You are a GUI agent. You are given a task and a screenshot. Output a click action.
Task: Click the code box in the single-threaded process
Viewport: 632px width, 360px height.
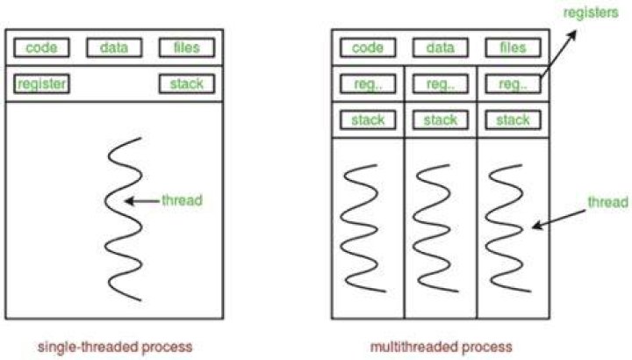pyautogui.click(x=41, y=47)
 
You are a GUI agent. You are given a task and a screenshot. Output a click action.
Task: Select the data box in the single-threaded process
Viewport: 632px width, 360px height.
pyautogui.click(x=114, y=47)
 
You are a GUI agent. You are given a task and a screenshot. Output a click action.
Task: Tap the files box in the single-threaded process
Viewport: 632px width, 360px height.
pyautogui.click(x=187, y=47)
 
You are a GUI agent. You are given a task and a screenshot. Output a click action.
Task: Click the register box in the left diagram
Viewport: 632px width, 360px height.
pyautogui.click(x=41, y=83)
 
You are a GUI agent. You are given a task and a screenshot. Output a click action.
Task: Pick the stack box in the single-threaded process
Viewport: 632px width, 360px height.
pyautogui.click(x=187, y=83)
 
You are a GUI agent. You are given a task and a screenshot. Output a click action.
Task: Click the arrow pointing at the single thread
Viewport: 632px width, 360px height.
pyautogui.click(x=142, y=201)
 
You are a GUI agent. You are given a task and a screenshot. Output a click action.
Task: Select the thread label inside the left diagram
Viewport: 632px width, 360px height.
pyautogui.click(x=182, y=200)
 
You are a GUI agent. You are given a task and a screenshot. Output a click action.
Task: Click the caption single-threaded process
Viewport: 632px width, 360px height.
pyautogui.click(x=115, y=347)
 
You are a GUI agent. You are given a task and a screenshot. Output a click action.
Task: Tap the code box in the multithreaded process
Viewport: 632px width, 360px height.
pyautogui.click(x=368, y=47)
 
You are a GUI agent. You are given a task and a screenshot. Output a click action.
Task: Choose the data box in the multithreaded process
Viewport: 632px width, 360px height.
pyautogui.click(x=440, y=47)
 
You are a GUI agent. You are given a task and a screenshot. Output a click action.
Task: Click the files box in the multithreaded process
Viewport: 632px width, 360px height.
pyautogui.click(x=513, y=47)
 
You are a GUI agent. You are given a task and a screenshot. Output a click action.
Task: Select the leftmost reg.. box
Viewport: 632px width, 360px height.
pyautogui.click(x=368, y=83)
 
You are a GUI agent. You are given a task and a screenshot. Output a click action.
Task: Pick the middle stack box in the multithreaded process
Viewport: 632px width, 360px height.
pyautogui.click(x=440, y=120)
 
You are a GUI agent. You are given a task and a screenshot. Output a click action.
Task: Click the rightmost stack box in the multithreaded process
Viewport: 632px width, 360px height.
pyautogui.click(x=513, y=120)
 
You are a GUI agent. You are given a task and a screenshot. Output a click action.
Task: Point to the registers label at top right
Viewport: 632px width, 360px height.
pyautogui.click(x=591, y=12)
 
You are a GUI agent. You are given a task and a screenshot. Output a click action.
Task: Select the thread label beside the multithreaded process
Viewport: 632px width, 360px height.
pyautogui.click(x=607, y=202)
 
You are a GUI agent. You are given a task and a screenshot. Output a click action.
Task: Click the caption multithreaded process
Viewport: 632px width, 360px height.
pyautogui.click(x=441, y=347)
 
